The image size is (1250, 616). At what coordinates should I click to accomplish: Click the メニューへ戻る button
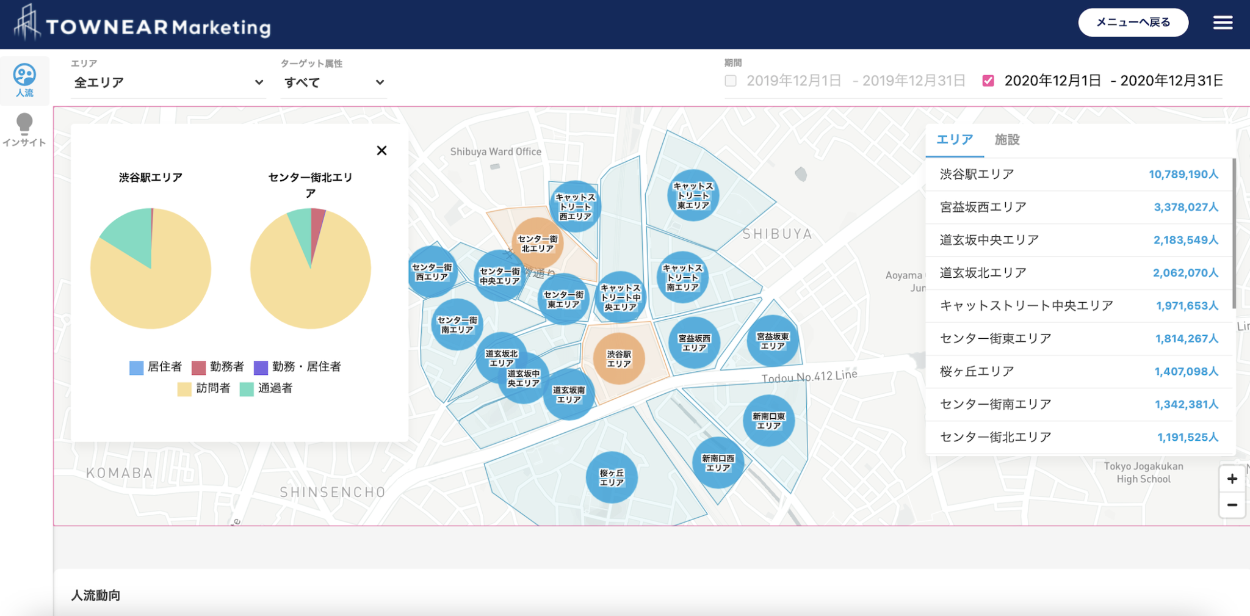[1133, 23]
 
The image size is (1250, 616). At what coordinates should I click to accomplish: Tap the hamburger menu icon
[1223, 23]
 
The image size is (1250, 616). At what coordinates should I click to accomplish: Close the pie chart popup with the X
[381, 150]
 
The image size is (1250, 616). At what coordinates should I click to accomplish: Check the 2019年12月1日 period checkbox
[731, 81]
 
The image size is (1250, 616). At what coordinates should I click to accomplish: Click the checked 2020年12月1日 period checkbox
[988, 81]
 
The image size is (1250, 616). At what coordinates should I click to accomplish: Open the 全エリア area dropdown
[168, 82]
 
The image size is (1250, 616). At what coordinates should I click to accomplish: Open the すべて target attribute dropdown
[333, 82]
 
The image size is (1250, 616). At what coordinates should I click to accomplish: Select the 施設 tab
[1007, 140]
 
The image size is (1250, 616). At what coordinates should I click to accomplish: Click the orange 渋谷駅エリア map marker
[618, 358]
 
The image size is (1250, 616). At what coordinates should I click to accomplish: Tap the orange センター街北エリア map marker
[537, 243]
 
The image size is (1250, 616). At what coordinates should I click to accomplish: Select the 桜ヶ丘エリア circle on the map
[612, 477]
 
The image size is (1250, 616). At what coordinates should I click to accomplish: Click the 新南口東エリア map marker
[768, 421]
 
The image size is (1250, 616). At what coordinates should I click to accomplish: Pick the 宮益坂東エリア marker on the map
[773, 341]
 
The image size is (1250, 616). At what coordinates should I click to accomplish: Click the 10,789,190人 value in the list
[1183, 175]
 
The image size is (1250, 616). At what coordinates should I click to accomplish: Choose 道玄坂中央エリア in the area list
[989, 240]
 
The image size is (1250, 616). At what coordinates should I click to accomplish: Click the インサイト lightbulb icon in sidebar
[24, 123]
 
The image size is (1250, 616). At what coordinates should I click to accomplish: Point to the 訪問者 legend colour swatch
[184, 389]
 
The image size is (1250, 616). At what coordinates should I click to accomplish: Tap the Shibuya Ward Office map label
[496, 151]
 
